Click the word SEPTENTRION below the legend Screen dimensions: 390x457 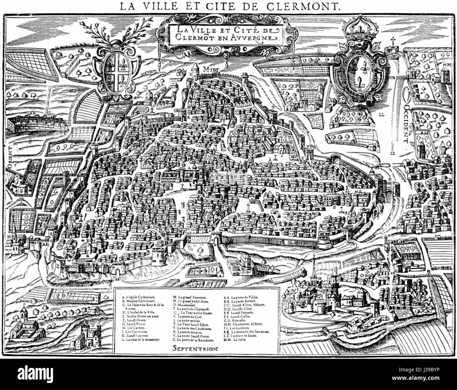[x=195, y=349]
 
